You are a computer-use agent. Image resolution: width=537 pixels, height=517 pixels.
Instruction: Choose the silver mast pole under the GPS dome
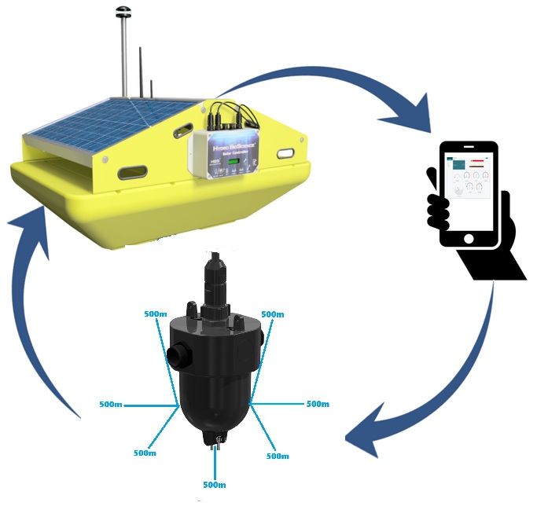[x=123, y=55]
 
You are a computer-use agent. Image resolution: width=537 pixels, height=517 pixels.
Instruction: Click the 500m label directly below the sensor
[x=215, y=484]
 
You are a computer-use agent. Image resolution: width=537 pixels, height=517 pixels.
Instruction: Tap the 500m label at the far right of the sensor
[x=317, y=404]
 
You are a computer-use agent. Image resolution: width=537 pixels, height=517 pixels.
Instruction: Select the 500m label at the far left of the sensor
[x=111, y=405]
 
